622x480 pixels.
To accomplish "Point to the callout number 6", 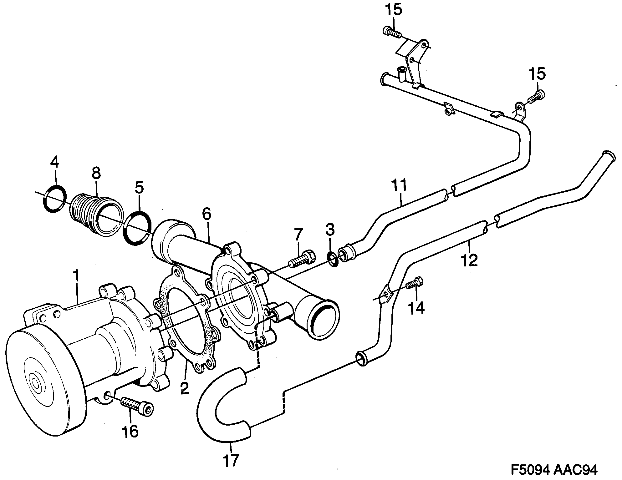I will click(206, 214).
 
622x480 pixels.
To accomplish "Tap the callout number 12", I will click(470, 260).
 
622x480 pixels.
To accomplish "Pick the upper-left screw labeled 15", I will click(391, 32).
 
